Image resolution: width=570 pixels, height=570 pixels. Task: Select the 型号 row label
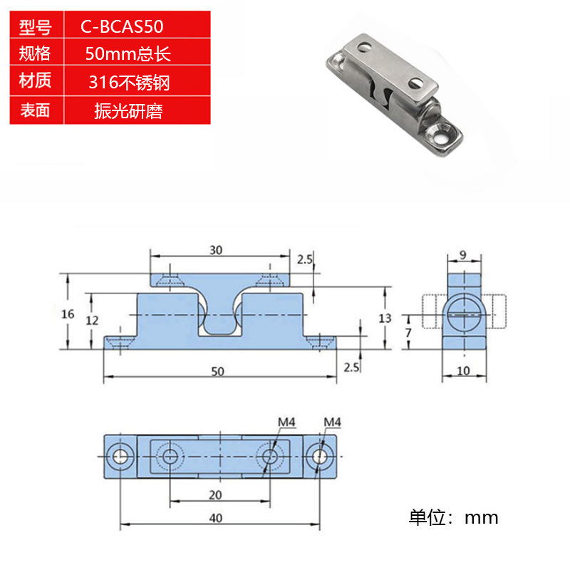pos(36,28)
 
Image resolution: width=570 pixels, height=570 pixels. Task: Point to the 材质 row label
pos(36,81)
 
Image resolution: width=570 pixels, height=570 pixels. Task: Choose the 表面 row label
pos(36,110)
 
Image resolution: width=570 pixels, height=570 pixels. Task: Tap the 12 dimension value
pos(92,321)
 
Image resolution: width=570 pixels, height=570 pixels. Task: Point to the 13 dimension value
pos(385,318)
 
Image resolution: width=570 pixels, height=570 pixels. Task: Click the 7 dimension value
pos(408,333)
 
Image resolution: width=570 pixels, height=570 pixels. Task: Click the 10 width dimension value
pos(462,370)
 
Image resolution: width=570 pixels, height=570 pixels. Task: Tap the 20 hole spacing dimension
pos(217,495)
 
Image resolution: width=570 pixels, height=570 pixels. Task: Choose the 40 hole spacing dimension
pos(217,518)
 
